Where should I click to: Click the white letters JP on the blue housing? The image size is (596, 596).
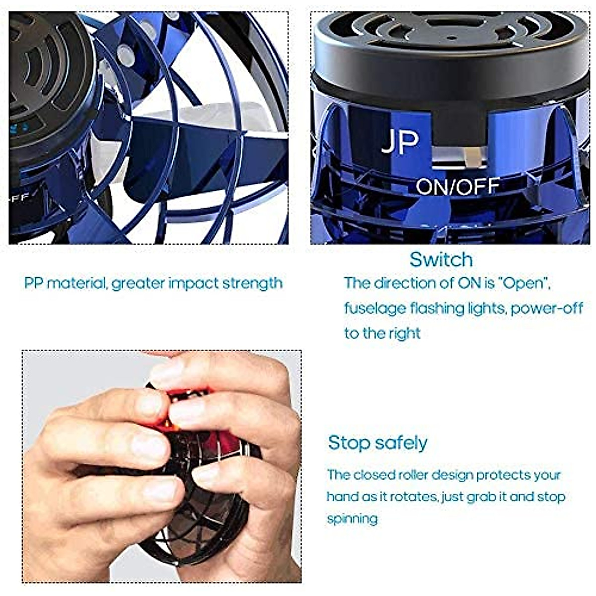point(400,142)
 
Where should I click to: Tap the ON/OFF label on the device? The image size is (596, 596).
point(457,187)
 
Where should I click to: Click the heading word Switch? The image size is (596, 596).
point(441,259)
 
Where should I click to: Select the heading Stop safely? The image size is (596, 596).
point(377,442)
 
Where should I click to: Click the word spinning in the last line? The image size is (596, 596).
point(352,519)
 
